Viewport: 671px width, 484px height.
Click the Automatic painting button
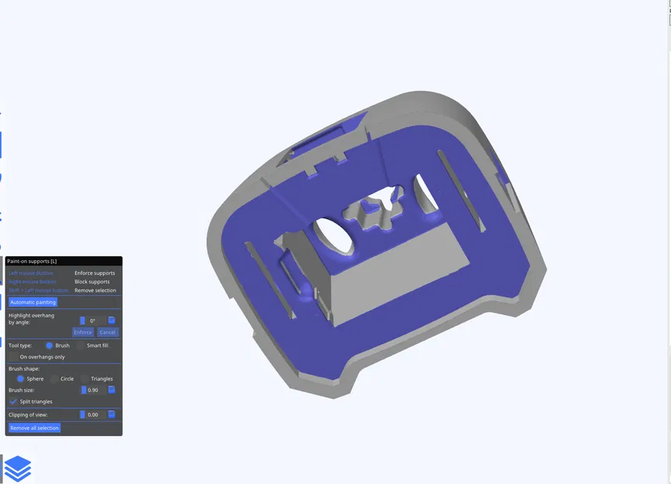coord(33,302)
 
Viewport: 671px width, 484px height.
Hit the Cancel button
coord(108,332)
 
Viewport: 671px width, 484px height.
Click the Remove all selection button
coord(35,427)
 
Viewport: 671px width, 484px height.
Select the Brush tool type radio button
coord(50,345)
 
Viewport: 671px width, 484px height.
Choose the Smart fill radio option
coord(81,345)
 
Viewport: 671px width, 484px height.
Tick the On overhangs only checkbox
coord(14,357)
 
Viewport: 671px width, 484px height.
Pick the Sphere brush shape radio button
coord(21,379)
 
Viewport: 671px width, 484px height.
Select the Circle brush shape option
coord(54,379)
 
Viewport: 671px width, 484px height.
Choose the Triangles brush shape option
coord(85,379)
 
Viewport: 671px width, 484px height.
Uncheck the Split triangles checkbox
coord(14,402)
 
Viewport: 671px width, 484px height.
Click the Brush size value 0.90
coord(94,390)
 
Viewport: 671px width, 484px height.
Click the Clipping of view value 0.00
coord(94,415)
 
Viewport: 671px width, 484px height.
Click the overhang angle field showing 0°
coord(94,321)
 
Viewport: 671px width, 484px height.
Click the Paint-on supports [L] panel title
coord(32,262)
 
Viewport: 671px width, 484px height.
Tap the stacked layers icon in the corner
coord(18,469)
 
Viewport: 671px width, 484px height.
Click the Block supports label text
coord(92,282)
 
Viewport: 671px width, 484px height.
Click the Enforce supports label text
coord(95,273)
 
